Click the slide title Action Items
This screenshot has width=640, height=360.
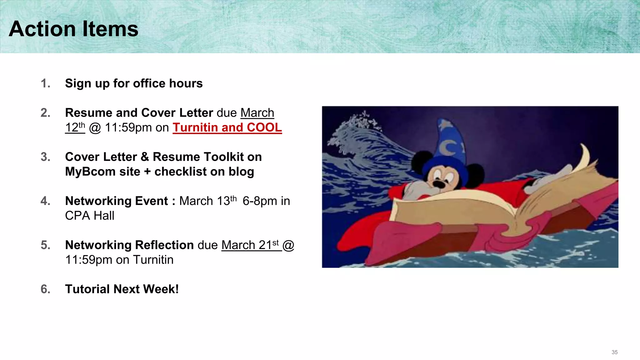[x=73, y=29]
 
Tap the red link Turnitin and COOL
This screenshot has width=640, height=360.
[x=227, y=127]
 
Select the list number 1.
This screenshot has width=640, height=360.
[x=45, y=83]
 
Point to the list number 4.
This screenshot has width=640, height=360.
[x=45, y=201]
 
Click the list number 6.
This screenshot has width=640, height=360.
[x=45, y=289]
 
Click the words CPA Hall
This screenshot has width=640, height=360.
[x=90, y=216]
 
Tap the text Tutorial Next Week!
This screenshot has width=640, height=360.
[x=122, y=289]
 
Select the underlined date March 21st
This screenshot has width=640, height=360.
[x=250, y=245]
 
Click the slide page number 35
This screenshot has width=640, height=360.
[x=614, y=352]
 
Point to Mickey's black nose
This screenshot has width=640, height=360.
[x=439, y=184]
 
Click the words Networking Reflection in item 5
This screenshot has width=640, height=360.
[x=129, y=245]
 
